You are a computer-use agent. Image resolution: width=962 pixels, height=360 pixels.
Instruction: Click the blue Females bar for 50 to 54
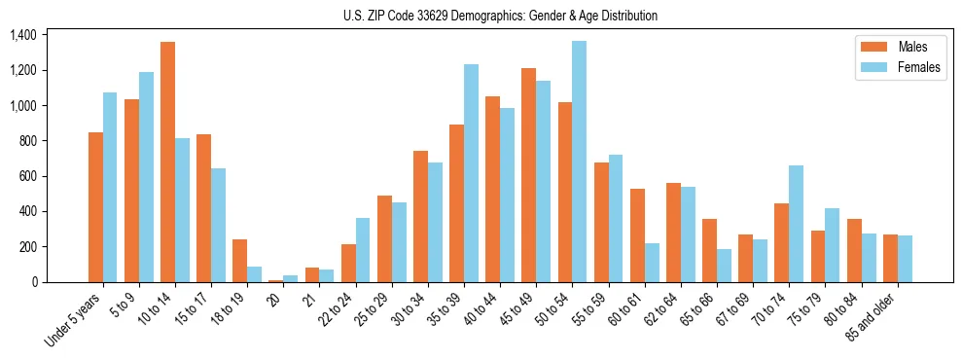tap(580, 162)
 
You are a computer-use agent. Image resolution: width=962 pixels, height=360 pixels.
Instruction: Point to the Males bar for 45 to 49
tap(529, 175)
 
